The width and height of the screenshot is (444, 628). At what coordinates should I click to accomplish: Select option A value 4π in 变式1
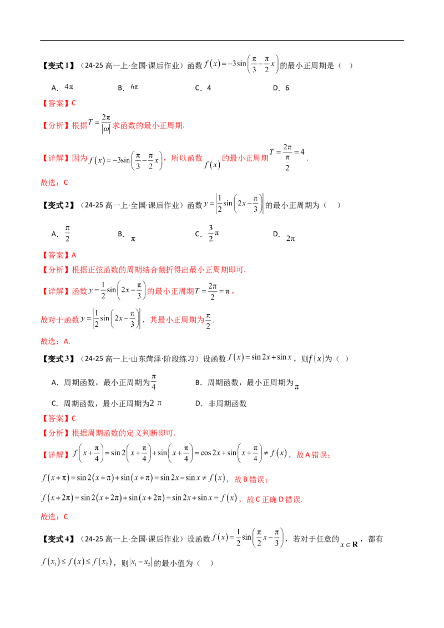point(69,87)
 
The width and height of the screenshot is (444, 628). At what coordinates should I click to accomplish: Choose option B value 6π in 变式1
point(134,87)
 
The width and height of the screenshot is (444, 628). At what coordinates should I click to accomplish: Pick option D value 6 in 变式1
point(287,88)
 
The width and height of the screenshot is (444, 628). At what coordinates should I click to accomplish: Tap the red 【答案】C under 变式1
point(58,103)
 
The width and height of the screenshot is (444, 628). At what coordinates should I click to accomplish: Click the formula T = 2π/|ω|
point(99,123)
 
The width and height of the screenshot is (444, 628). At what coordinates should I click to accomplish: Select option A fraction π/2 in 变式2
point(67,234)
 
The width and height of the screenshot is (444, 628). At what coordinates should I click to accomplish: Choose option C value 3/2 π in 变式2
point(214,233)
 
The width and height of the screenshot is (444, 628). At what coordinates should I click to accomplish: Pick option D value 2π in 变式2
point(290,239)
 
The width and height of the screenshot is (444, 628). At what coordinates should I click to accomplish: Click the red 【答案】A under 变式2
point(58,255)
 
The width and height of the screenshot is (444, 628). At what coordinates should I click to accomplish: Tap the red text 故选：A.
point(56,341)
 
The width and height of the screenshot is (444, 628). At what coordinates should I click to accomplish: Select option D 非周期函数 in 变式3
point(227,404)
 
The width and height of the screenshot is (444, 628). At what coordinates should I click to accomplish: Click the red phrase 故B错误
point(251,479)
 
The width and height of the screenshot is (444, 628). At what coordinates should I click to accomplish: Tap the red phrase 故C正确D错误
point(275,499)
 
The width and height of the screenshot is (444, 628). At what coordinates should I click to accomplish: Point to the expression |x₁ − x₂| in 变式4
point(141,563)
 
